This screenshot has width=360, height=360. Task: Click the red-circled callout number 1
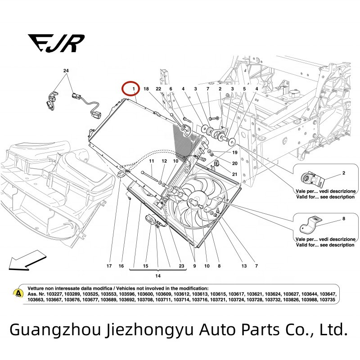coord(134,89)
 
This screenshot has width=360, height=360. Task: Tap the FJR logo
coord(56,43)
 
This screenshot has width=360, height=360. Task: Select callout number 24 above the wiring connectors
coord(66,71)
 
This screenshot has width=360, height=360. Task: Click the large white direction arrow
coord(27,260)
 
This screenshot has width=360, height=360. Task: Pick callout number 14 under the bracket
coord(158,276)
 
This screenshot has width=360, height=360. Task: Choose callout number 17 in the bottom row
coord(109,266)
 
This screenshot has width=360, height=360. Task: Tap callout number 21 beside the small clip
coord(234,174)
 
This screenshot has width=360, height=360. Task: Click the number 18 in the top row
coord(146,89)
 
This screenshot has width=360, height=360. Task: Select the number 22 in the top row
coord(158,89)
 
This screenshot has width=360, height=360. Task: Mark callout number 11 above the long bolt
coord(151,161)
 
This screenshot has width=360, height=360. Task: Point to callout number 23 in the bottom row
coord(181,266)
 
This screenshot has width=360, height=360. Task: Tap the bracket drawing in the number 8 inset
coord(311,224)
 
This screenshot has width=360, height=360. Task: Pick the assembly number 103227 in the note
coord(54,294)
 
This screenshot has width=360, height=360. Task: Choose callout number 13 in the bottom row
coord(244,266)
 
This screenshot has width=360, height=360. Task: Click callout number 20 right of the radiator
coord(234,163)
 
